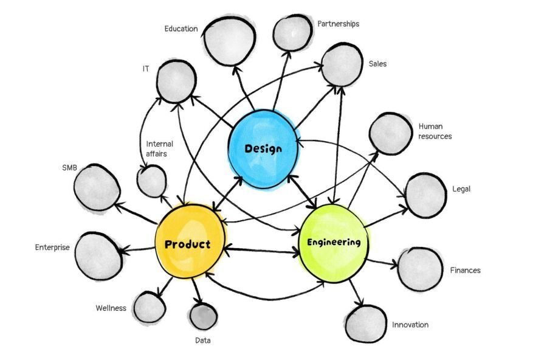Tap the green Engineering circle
[x=333, y=243]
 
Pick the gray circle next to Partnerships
[x=292, y=33]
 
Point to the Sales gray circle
[x=342, y=64]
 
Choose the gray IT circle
[x=176, y=82]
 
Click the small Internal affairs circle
[x=151, y=181]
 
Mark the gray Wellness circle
[x=149, y=307]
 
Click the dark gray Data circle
[x=203, y=316]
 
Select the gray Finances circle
[x=420, y=268]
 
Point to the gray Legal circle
[x=425, y=195]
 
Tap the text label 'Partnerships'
[x=338, y=24]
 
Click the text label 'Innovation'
[x=410, y=325]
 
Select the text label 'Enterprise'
[x=52, y=247]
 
